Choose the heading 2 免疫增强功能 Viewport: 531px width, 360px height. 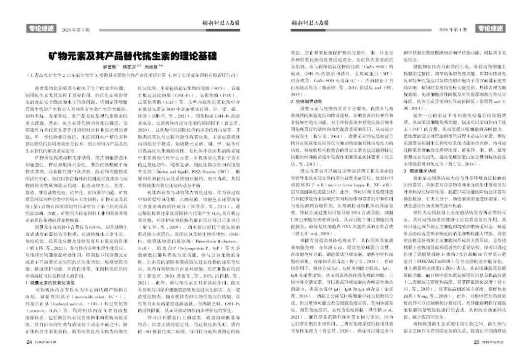point(304,100)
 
